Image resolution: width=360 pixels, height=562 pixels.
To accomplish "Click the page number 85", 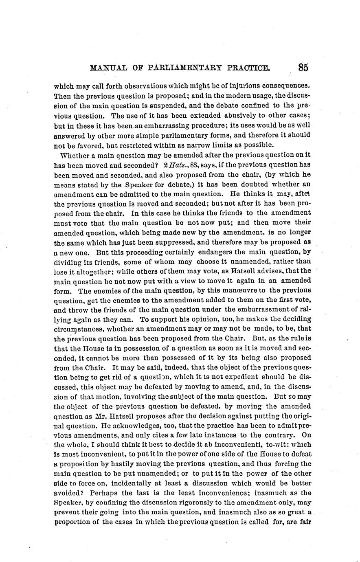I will tap(303, 67).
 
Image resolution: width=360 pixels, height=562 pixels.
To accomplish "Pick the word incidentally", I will tap(138, 483).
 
